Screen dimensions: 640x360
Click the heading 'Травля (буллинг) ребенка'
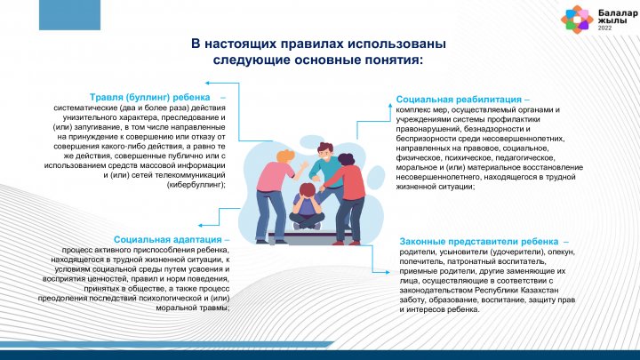150,98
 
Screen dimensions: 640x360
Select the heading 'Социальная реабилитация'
459,100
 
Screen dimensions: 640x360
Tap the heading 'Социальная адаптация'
168,240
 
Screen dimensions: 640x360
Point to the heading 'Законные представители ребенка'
479,242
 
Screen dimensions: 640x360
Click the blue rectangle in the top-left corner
70,15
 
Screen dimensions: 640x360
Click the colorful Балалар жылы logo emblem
577,20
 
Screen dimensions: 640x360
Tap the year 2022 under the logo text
605,28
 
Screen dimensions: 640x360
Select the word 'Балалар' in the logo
618,13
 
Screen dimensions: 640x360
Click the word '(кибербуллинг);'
196,185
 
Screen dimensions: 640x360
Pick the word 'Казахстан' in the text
540,290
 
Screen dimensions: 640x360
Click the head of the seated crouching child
307,191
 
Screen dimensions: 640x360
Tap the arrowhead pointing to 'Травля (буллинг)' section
207,83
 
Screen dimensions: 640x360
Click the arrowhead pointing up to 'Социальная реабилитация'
390,106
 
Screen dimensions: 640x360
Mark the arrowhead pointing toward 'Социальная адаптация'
200,225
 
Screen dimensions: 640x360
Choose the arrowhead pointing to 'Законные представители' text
387,272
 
